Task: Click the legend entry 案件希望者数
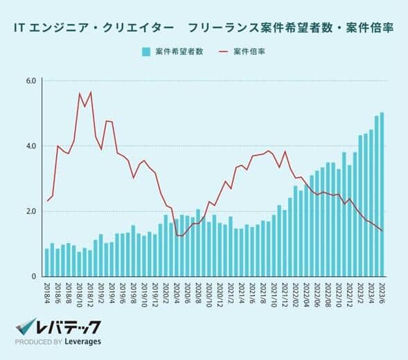179,52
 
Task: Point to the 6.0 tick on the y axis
30,81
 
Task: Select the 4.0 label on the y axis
30,146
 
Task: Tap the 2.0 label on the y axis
30,211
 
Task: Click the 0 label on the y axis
34,276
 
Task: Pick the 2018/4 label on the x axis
47,291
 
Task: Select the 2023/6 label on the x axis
382,291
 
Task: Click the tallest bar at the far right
382,194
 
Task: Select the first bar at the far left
47,262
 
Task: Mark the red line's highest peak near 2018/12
90,92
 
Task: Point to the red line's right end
382,231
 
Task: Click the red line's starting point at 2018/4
47,201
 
